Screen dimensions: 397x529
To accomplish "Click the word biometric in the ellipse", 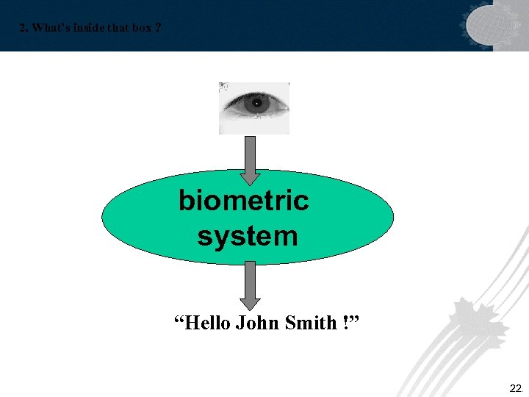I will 243,200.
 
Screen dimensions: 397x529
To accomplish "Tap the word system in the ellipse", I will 248,236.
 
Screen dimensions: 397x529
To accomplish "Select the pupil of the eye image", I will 256,104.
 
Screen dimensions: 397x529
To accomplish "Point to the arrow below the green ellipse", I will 251,283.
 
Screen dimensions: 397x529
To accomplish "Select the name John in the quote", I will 255,322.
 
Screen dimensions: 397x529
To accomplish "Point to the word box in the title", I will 140,28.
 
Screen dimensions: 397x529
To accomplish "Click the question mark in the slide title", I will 159,28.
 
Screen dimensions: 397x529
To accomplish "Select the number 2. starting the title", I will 24,28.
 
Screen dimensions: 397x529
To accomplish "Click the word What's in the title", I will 50,28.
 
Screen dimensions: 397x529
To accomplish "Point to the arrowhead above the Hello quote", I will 251,302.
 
